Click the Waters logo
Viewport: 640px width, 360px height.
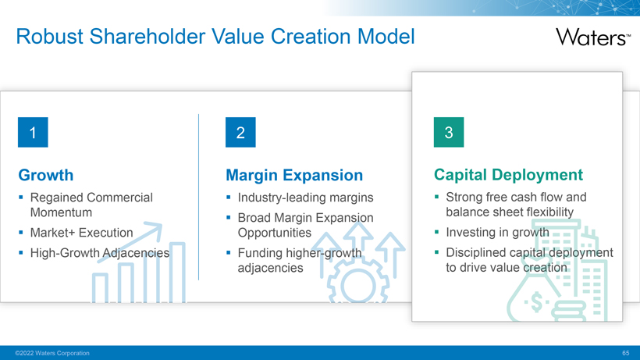click(x=593, y=37)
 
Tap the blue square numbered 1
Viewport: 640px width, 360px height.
click(x=33, y=132)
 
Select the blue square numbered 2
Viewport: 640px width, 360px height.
click(x=240, y=132)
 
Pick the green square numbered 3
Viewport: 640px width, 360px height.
click(x=449, y=132)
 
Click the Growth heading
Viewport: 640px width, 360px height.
click(x=46, y=175)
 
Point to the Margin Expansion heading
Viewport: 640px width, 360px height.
click(x=294, y=175)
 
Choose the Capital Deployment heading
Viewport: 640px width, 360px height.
click(x=508, y=175)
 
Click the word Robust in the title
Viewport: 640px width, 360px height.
click(x=50, y=37)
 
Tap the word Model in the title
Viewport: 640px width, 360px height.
click(x=386, y=37)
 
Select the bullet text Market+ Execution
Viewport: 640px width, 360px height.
click(x=82, y=233)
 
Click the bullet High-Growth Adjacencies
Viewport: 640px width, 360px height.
click(x=100, y=253)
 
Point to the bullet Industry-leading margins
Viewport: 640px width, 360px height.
click(x=305, y=198)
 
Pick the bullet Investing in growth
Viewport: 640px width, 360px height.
click(x=497, y=232)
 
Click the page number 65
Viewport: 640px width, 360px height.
click(x=626, y=353)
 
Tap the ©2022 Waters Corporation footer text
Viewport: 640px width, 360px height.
click(x=52, y=353)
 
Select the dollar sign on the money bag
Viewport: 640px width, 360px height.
click(x=536, y=302)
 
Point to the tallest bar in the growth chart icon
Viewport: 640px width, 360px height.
click(x=177, y=273)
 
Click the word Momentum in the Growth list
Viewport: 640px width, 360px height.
click(x=61, y=212)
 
